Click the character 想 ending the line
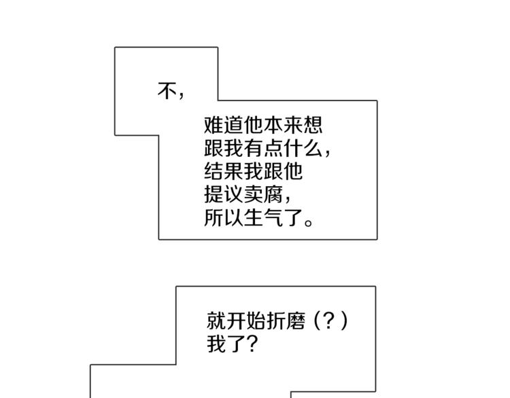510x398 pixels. click(x=313, y=125)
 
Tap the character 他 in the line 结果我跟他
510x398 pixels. click(x=294, y=171)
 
